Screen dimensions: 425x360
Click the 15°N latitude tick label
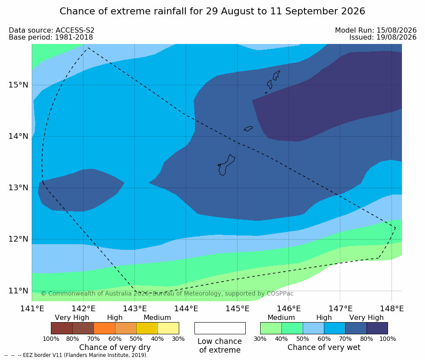tap(18, 85)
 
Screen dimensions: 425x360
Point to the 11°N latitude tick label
tap(18, 291)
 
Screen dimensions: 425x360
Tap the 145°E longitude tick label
tap(238, 309)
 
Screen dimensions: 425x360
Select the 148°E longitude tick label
tap(392, 309)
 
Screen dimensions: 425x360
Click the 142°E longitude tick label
tap(84, 309)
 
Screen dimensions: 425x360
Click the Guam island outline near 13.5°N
tap(227, 165)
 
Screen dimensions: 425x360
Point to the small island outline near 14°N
tap(248, 128)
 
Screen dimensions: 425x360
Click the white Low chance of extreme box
tap(220, 328)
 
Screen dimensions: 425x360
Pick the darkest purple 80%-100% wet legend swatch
tap(377, 328)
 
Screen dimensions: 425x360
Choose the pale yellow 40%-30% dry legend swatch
tap(168, 328)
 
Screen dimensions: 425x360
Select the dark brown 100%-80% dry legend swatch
tap(62, 328)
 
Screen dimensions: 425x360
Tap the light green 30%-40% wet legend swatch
tap(271, 328)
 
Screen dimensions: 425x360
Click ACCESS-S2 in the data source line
tap(75, 30)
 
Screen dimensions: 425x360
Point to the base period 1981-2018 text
tap(74, 37)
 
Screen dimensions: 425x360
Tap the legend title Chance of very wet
tap(324, 347)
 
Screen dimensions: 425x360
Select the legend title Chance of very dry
tap(115, 347)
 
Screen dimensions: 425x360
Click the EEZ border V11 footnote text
tap(85, 355)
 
